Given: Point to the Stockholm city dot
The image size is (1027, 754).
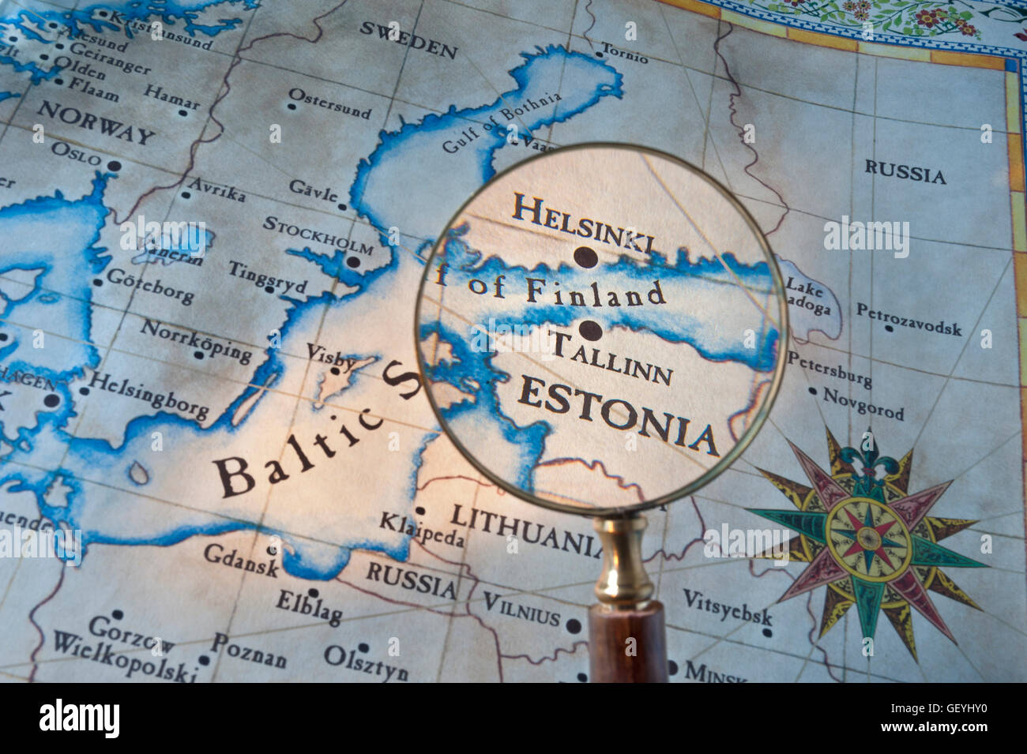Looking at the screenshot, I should [x=354, y=262].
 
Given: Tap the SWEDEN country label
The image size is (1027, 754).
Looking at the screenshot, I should [x=408, y=39].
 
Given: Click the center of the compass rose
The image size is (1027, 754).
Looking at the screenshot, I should [x=867, y=537].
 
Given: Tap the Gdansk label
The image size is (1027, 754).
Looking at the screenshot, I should [x=241, y=560].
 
